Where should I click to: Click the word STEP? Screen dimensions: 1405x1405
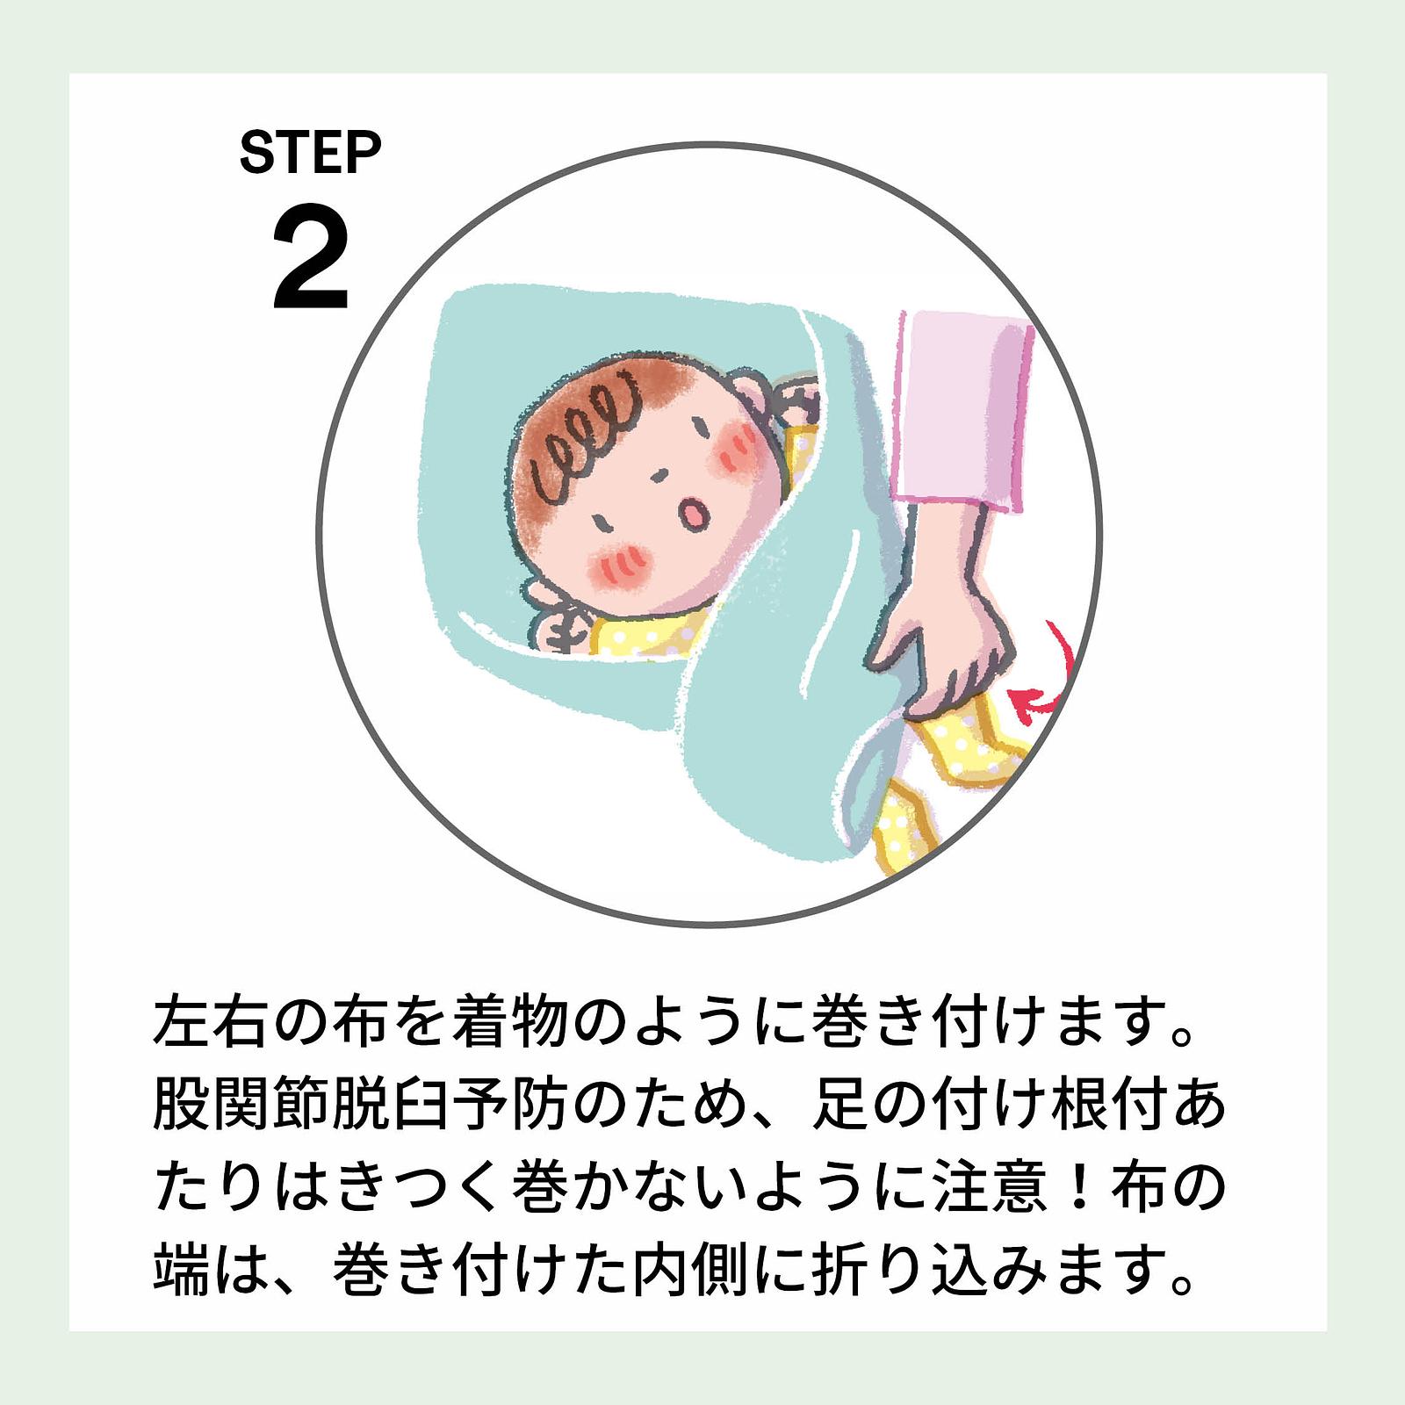(x=310, y=153)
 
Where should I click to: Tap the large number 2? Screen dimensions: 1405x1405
(x=312, y=260)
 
